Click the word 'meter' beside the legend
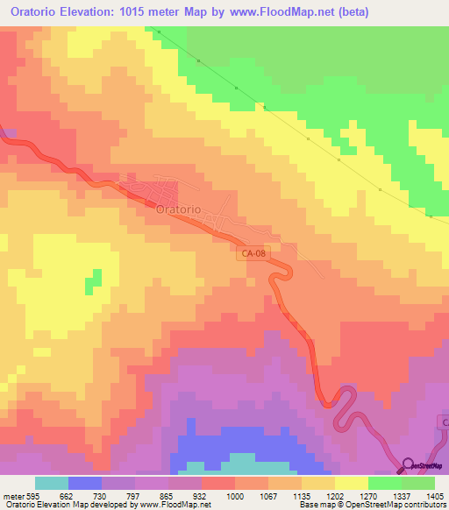click(12, 495)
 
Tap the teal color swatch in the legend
click(51, 483)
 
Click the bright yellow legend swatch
click(351, 483)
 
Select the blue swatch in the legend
click(84, 483)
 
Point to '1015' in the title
click(152, 12)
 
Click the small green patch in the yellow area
click(92, 281)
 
